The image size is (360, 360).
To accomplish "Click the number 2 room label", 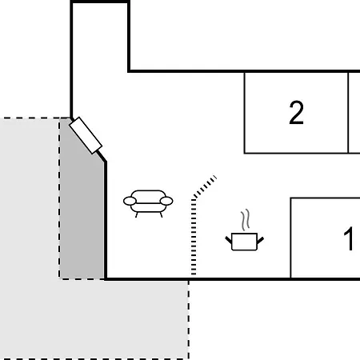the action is [x=296, y=113].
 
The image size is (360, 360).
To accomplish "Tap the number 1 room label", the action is [x=349, y=238].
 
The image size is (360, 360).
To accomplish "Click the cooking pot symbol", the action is [x=245, y=242].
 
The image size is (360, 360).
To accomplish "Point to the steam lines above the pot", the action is [x=246, y=220].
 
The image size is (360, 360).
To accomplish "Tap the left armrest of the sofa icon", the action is [x=130, y=201].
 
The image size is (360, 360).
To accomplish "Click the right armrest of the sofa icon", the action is [x=166, y=201].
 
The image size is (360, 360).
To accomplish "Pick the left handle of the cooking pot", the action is [x=229, y=240].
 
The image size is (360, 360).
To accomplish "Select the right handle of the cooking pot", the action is [x=261, y=240].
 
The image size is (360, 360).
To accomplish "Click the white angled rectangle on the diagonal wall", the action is [x=86, y=135].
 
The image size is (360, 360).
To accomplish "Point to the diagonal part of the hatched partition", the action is [x=205, y=187].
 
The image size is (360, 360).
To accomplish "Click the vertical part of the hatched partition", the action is [x=194, y=237].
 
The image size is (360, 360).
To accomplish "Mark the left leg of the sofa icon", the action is [x=137, y=215].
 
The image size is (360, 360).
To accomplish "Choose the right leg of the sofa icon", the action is [x=161, y=215].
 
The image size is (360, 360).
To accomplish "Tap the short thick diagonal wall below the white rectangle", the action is [x=102, y=156].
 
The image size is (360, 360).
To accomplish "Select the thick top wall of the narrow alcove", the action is [x=100, y=2].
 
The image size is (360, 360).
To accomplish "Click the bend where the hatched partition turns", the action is [x=194, y=199].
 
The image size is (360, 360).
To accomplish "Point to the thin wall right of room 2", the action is [x=348, y=112].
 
